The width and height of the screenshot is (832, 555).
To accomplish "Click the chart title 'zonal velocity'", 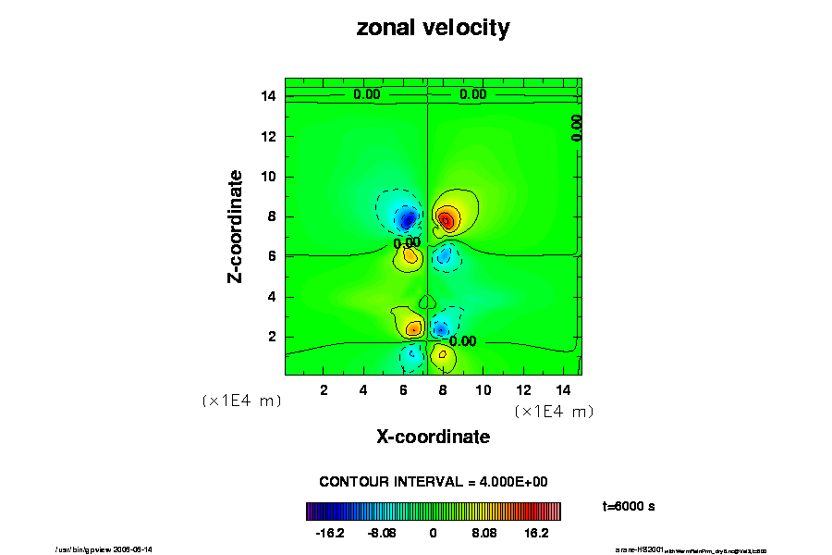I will (x=433, y=29).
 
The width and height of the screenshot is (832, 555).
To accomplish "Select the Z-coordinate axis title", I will (x=237, y=226).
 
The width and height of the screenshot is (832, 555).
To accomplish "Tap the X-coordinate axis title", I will (x=433, y=437).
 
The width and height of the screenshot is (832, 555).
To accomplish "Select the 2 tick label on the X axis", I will (x=324, y=390).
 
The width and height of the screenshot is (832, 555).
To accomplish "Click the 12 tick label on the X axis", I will (x=523, y=390).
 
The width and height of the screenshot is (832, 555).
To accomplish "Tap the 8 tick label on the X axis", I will (x=444, y=390).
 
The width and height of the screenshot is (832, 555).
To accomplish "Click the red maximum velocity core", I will (x=446, y=220).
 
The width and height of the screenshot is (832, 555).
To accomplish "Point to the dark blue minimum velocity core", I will (x=408, y=219).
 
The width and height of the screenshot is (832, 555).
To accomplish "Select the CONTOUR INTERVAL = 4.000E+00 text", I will (x=434, y=482).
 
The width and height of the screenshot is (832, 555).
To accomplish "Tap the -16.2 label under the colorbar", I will (x=329, y=533).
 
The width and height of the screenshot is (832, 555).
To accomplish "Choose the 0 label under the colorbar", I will (x=433, y=533).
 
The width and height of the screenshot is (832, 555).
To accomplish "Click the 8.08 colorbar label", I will (x=484, y=533).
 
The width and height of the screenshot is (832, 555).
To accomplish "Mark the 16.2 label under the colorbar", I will (x=536, y=533).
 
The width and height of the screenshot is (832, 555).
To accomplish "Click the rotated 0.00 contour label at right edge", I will (x=576, y=127).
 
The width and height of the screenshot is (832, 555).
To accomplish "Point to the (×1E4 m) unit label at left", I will (x=241, y=401).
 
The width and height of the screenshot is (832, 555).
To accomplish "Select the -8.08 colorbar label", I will (x=381, y=533).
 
